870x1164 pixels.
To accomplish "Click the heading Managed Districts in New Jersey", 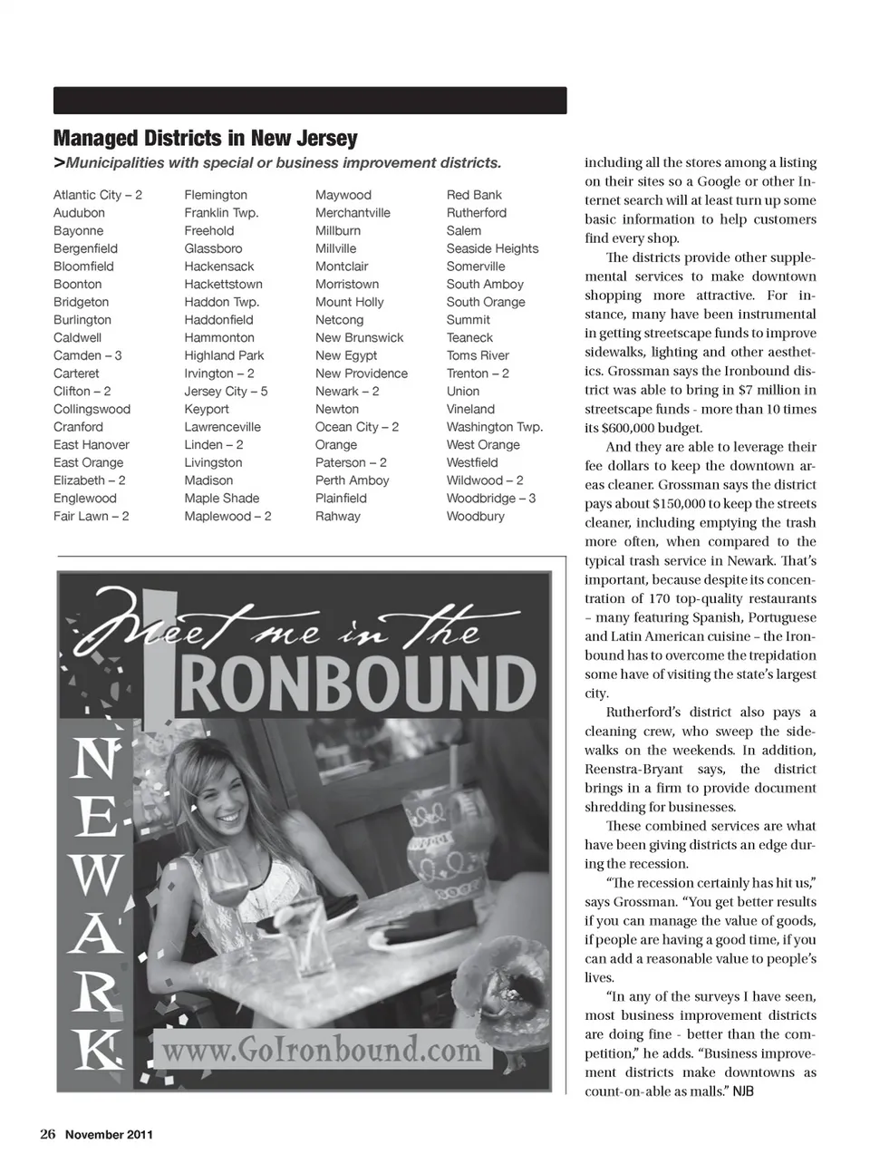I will (206, 139).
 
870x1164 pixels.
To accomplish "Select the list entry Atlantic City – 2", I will (98, 195).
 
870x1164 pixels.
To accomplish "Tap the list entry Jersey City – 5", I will (226, 392).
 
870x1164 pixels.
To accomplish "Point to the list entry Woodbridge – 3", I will (490, 499).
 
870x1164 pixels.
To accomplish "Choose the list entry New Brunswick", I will (359, 338).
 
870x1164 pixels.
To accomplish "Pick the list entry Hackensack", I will (219, 267).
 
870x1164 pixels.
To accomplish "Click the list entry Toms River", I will (478, 355).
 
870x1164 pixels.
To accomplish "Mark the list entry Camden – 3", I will (87, 355).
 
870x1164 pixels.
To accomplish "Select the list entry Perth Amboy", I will (352, 480).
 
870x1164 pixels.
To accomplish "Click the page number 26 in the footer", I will (47, 1134).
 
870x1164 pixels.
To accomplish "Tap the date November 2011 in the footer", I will (109, 1134).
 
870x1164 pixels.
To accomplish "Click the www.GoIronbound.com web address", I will (321, 1050).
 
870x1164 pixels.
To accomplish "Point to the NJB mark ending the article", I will (743, 1091).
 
